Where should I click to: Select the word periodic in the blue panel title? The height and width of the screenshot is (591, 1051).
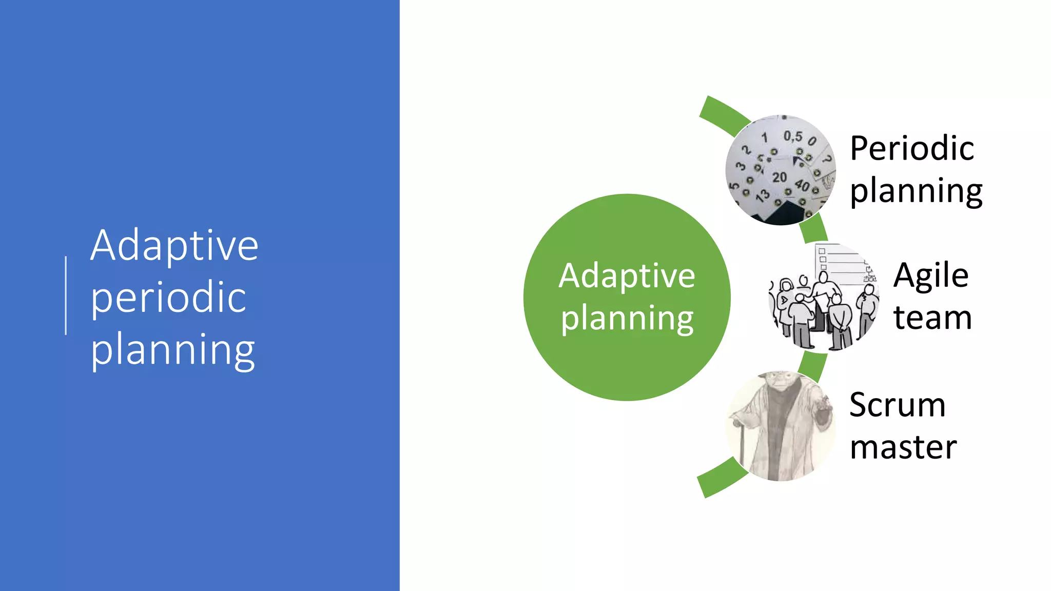coord(168,298)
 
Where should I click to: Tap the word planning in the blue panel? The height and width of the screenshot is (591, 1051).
coord(172,350)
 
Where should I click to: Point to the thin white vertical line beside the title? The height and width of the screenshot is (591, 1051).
coord(66,296)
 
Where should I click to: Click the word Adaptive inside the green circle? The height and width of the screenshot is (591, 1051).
coord(627,276)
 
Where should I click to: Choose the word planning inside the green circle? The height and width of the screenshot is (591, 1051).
coord(627,319)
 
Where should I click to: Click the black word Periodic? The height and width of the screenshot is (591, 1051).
coord(911,148)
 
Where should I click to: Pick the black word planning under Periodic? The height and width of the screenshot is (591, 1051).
coord(916,191)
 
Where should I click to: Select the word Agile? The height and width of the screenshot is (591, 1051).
coord(931,275)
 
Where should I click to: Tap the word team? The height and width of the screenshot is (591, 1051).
coord(932,318)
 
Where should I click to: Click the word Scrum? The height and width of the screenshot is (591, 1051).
coord(897,405)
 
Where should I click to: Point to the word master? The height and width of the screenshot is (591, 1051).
coord(903,447)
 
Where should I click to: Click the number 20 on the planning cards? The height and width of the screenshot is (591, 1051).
coord(780,178)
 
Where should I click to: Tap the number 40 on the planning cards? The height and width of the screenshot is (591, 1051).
coord(802,185)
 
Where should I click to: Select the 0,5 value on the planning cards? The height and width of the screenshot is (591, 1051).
coord(792,136)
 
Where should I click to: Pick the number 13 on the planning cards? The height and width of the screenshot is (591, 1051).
coord(763,195)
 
